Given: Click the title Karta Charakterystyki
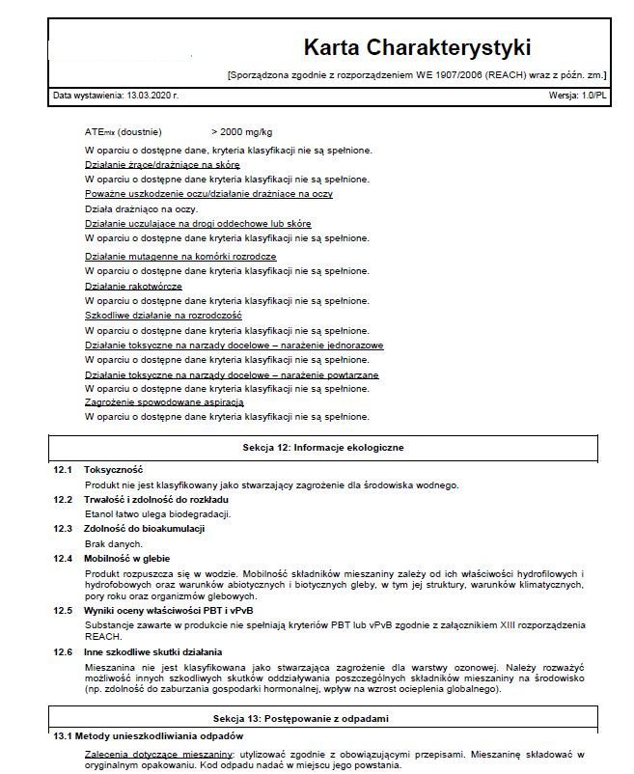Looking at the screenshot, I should click(x=416, y=47).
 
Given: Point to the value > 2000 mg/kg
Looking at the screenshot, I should click(x=241, y=130).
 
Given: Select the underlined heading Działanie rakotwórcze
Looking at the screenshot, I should click(x=133, y=287).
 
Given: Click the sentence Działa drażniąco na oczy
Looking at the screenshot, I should click(x=141, y=207).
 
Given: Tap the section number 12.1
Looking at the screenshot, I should click(x=63, y=468).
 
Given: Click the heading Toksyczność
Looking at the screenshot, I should click(x=113, y=468).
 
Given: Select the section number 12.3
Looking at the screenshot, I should click(x=63, y=528).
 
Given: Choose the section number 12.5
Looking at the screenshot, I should click(x=63, y=610).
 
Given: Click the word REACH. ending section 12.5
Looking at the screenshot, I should click(x=102, y=637).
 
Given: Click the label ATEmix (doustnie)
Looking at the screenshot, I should click(x=124, y=130).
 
